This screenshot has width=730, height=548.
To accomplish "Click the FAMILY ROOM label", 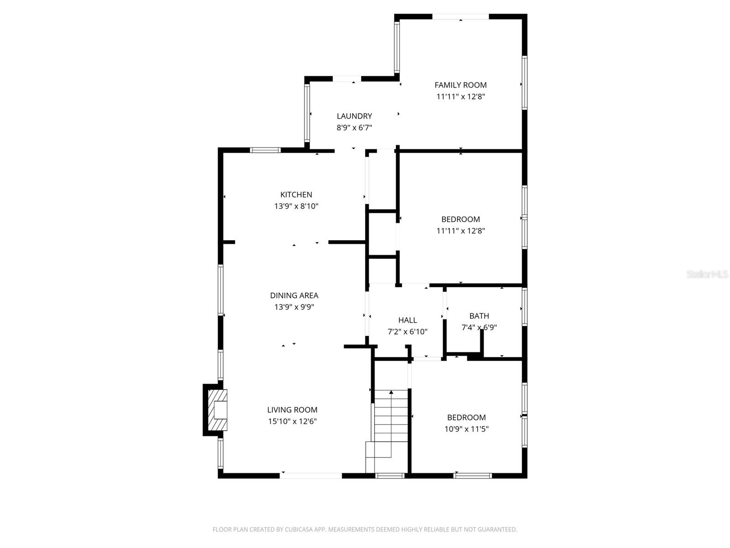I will click(460, 85).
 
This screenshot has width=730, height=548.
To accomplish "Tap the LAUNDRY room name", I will click(355, 116).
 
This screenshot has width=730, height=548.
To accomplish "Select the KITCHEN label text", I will click(296, 195).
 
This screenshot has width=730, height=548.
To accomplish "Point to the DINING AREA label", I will click(294, 295).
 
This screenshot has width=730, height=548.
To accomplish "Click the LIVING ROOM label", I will click(292, 410).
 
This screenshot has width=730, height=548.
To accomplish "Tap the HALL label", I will click(407, 320).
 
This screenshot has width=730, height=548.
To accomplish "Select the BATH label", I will click(479, 316).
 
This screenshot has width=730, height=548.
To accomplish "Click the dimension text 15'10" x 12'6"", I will click(292, 422).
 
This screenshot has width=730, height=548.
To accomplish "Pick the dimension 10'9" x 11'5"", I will click(466, 429).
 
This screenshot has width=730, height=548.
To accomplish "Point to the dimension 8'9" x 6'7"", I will click(355, 128).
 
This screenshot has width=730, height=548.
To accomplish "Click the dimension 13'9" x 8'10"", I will click(296, 206).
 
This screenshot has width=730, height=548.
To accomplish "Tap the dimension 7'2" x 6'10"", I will click(407, 332).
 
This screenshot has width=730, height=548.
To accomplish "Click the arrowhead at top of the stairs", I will click(391, 392).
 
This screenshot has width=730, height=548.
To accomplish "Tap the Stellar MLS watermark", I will click(707, 274).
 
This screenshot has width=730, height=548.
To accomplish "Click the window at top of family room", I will click(460, 17).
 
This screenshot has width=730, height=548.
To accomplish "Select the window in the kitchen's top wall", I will click(265, 150).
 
